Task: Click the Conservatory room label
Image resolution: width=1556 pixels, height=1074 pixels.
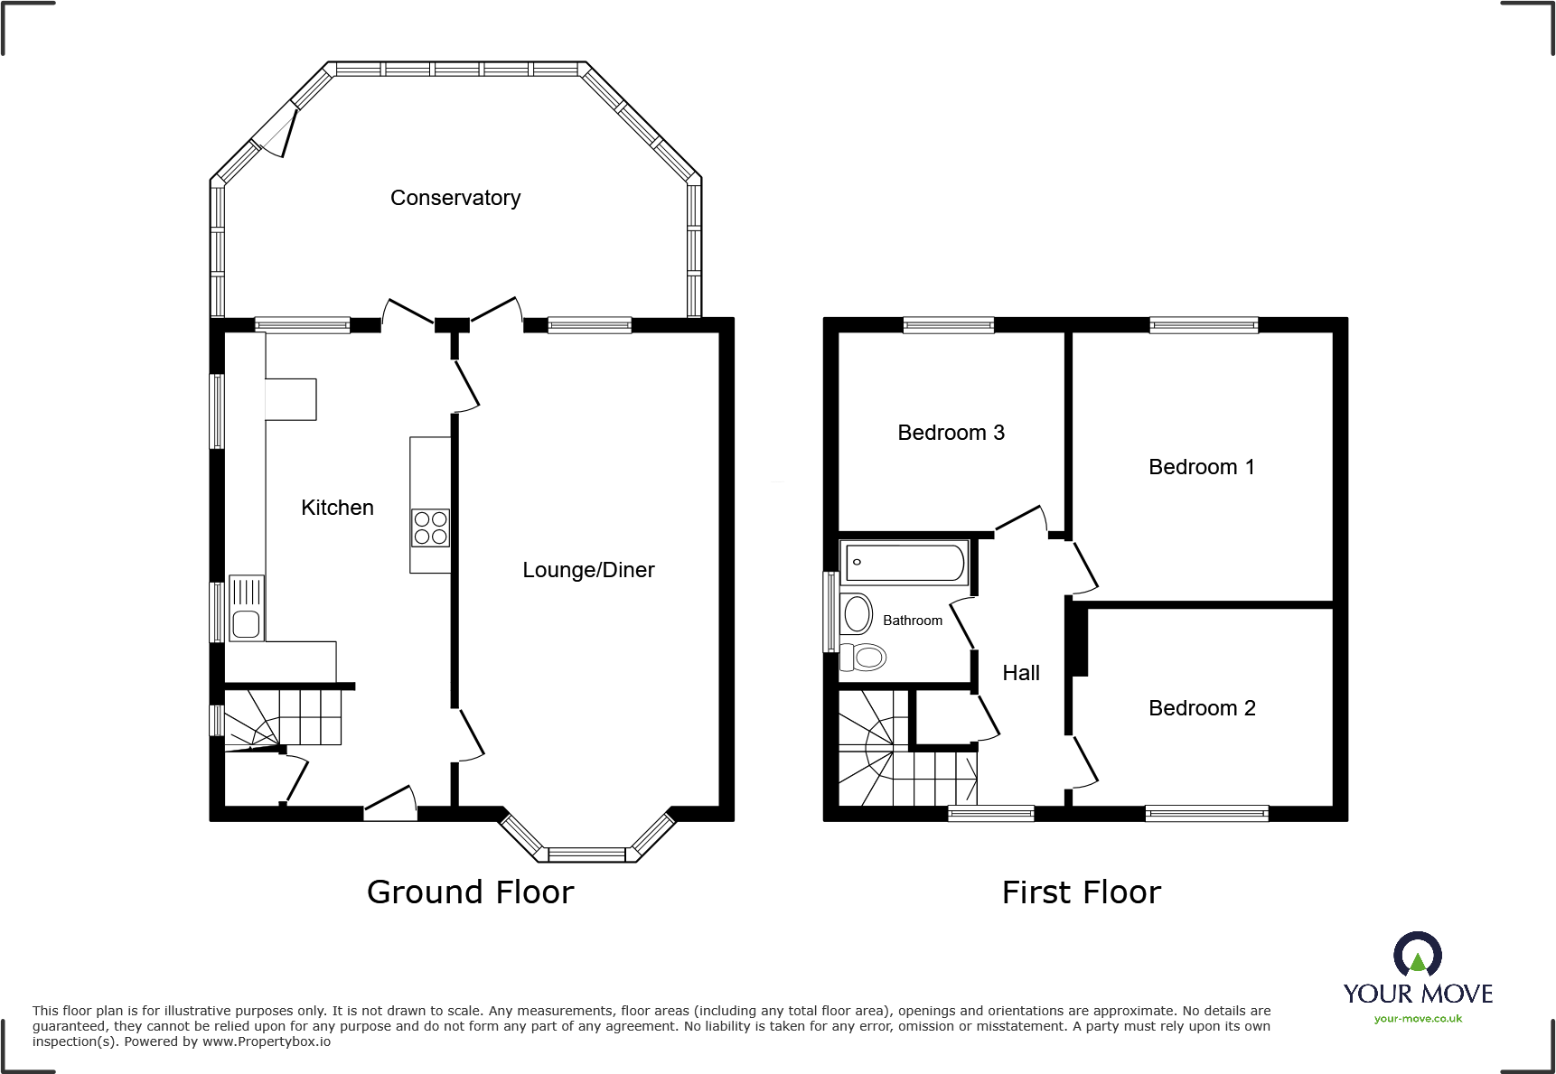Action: point(455,198)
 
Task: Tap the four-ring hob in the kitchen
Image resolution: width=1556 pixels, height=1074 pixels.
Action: point(430,528)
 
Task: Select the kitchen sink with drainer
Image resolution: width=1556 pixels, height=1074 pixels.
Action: point(246,609)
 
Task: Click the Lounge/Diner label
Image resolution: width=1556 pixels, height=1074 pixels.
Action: point(588,570)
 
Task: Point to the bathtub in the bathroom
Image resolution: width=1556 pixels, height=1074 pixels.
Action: point(905,563)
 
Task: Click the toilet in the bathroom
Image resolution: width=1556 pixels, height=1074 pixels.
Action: point(865,657)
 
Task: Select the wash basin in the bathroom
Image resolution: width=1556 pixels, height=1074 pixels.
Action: point(856,614)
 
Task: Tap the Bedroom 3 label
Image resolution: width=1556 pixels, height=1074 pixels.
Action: point(951,433)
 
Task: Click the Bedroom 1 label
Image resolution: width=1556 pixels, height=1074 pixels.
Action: point(1201,467)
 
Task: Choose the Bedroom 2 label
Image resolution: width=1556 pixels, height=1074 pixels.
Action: point(1201,708)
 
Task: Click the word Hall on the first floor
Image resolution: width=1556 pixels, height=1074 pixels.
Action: point(1021,673)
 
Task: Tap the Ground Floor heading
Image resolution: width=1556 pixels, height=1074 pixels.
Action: point(470,892)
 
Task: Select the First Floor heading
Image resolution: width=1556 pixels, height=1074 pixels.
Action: point(1081,892)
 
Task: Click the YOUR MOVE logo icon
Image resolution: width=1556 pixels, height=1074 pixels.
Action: point(1417,954)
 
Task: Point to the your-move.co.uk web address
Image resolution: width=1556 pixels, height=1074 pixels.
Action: point(1418,1019)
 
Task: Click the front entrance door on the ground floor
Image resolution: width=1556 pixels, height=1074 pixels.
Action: point(390,804)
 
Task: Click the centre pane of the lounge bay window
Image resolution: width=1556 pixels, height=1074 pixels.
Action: point(586,855)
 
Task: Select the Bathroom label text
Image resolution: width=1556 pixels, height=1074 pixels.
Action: point(912,621)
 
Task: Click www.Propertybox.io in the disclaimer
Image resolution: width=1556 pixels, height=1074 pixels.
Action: point(267,1041)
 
